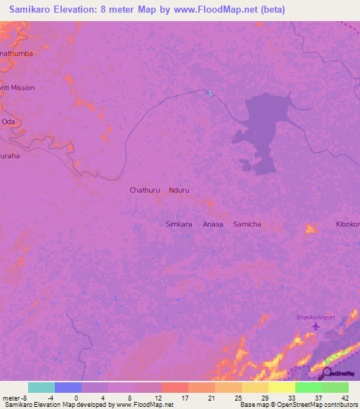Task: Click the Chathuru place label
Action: pyautogui.click(x=144, y=190)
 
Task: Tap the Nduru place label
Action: pyautogui.click(x=180, y=190)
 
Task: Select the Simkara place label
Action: pyautogui.click(x=179, y=223)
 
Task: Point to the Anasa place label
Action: pyautogui.click(x=213, y=223)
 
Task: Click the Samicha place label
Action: pyautogui.click(x=247, y=223)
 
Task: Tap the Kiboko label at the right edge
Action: pyautogui.click(x=347, y=223)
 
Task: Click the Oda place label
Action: pyautogui.click(x=8, y=122)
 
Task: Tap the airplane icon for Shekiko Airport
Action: pyautogui.click(x=315, y=326)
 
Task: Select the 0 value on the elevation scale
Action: pyautogui.click(x=75, y=397)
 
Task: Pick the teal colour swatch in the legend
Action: pyautogui.click(x=41, y=387)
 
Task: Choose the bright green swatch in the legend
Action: pyautogui.click(x=309, y=387)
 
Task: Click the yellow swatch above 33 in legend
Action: pyautogui.click(x=282, y=387)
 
